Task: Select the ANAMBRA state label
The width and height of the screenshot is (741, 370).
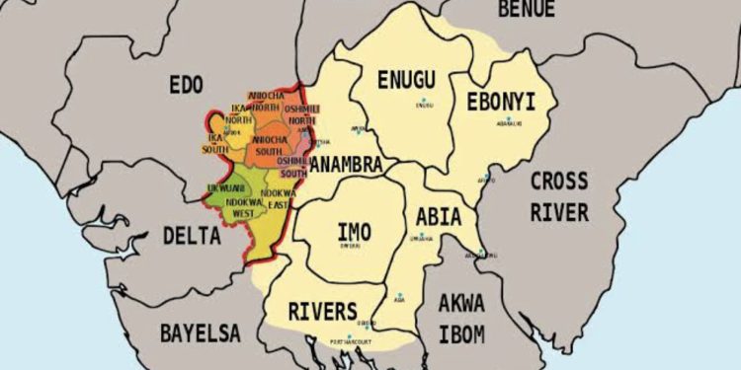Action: click(346, 166)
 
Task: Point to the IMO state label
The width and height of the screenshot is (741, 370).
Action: click(355, 232)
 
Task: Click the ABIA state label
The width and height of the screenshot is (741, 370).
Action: click(439, 216)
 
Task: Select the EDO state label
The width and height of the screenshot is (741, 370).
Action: click(186, 83)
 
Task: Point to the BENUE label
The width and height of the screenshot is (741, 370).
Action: click(527, 11)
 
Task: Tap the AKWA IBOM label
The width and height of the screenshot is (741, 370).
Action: click(461, 319)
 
